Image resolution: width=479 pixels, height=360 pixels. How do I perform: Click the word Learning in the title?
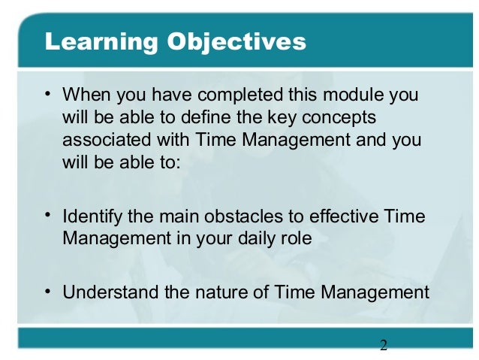(x=93, y=41)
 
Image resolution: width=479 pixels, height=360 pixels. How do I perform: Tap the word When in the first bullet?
(x=83, y=96)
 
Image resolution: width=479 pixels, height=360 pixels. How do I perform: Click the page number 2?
(x=383, y=346)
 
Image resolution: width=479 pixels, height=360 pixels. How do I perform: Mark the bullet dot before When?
(x=48, y=94)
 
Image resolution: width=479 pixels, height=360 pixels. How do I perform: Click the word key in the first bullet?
(x=263, y=118)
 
